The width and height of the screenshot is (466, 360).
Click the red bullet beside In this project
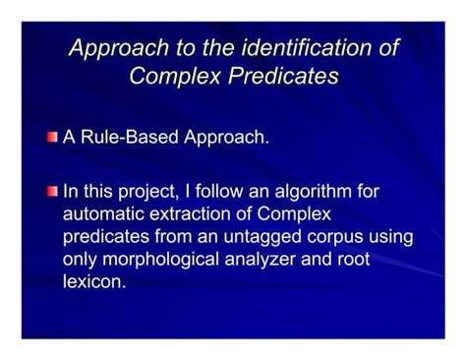click(53, 190)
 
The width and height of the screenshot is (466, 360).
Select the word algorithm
click(328, 191)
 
